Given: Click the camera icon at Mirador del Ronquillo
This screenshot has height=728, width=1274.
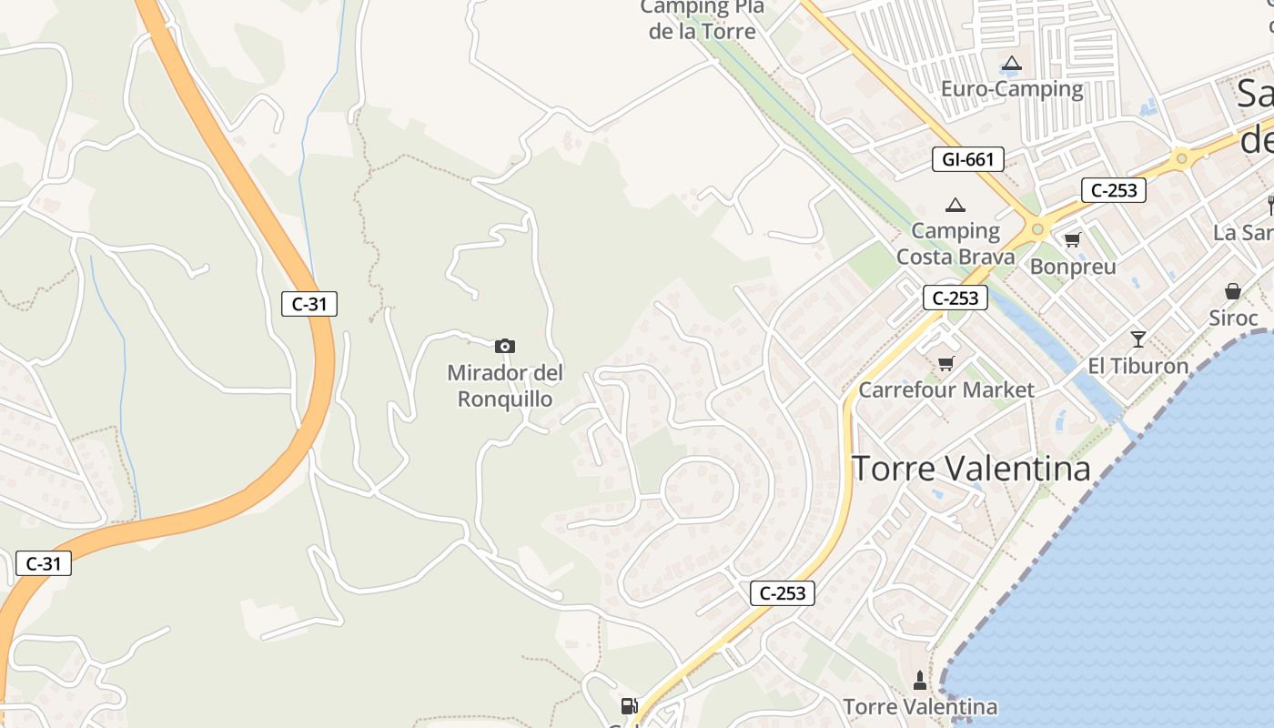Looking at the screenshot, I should (x=505, y=346).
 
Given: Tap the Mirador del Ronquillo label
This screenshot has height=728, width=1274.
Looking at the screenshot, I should (x=505, y=386).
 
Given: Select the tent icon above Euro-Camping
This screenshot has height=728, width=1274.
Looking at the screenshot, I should (x=1011, y=65).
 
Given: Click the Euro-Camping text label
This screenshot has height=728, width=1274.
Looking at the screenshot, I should (x=1012, y=89).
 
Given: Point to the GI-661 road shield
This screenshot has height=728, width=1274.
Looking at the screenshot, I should (x=967, y=160).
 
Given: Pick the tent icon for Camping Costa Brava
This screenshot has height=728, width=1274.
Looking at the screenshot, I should (x=955, y=206).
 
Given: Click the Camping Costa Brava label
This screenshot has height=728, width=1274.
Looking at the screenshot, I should (x=955, y=244).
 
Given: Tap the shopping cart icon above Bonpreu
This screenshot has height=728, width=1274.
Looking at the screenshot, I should (x=1072, y=240).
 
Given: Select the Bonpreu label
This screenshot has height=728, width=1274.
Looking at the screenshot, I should (x=1073, y=268).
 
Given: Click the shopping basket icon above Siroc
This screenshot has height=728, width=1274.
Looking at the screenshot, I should (x=1233, y=291).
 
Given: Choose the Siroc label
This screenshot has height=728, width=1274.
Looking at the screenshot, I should (x=1233, y=318).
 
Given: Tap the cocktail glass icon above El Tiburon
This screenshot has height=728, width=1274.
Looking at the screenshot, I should (x=1137, y=339).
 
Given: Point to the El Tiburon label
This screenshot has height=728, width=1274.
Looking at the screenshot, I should (x=1138, y=366).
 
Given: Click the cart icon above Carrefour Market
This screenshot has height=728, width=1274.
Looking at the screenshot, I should (x=945, y=364).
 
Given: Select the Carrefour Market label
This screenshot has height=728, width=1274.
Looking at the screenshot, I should (x=946, y=390).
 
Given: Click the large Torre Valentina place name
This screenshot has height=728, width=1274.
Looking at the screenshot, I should (x=971, y=469).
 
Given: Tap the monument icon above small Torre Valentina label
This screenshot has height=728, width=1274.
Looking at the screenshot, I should (x=920, y=681).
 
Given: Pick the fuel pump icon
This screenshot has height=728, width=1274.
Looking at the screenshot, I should (x=628, y=705).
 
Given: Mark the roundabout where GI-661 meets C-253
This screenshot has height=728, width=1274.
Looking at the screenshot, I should (x=1037, y=228).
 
